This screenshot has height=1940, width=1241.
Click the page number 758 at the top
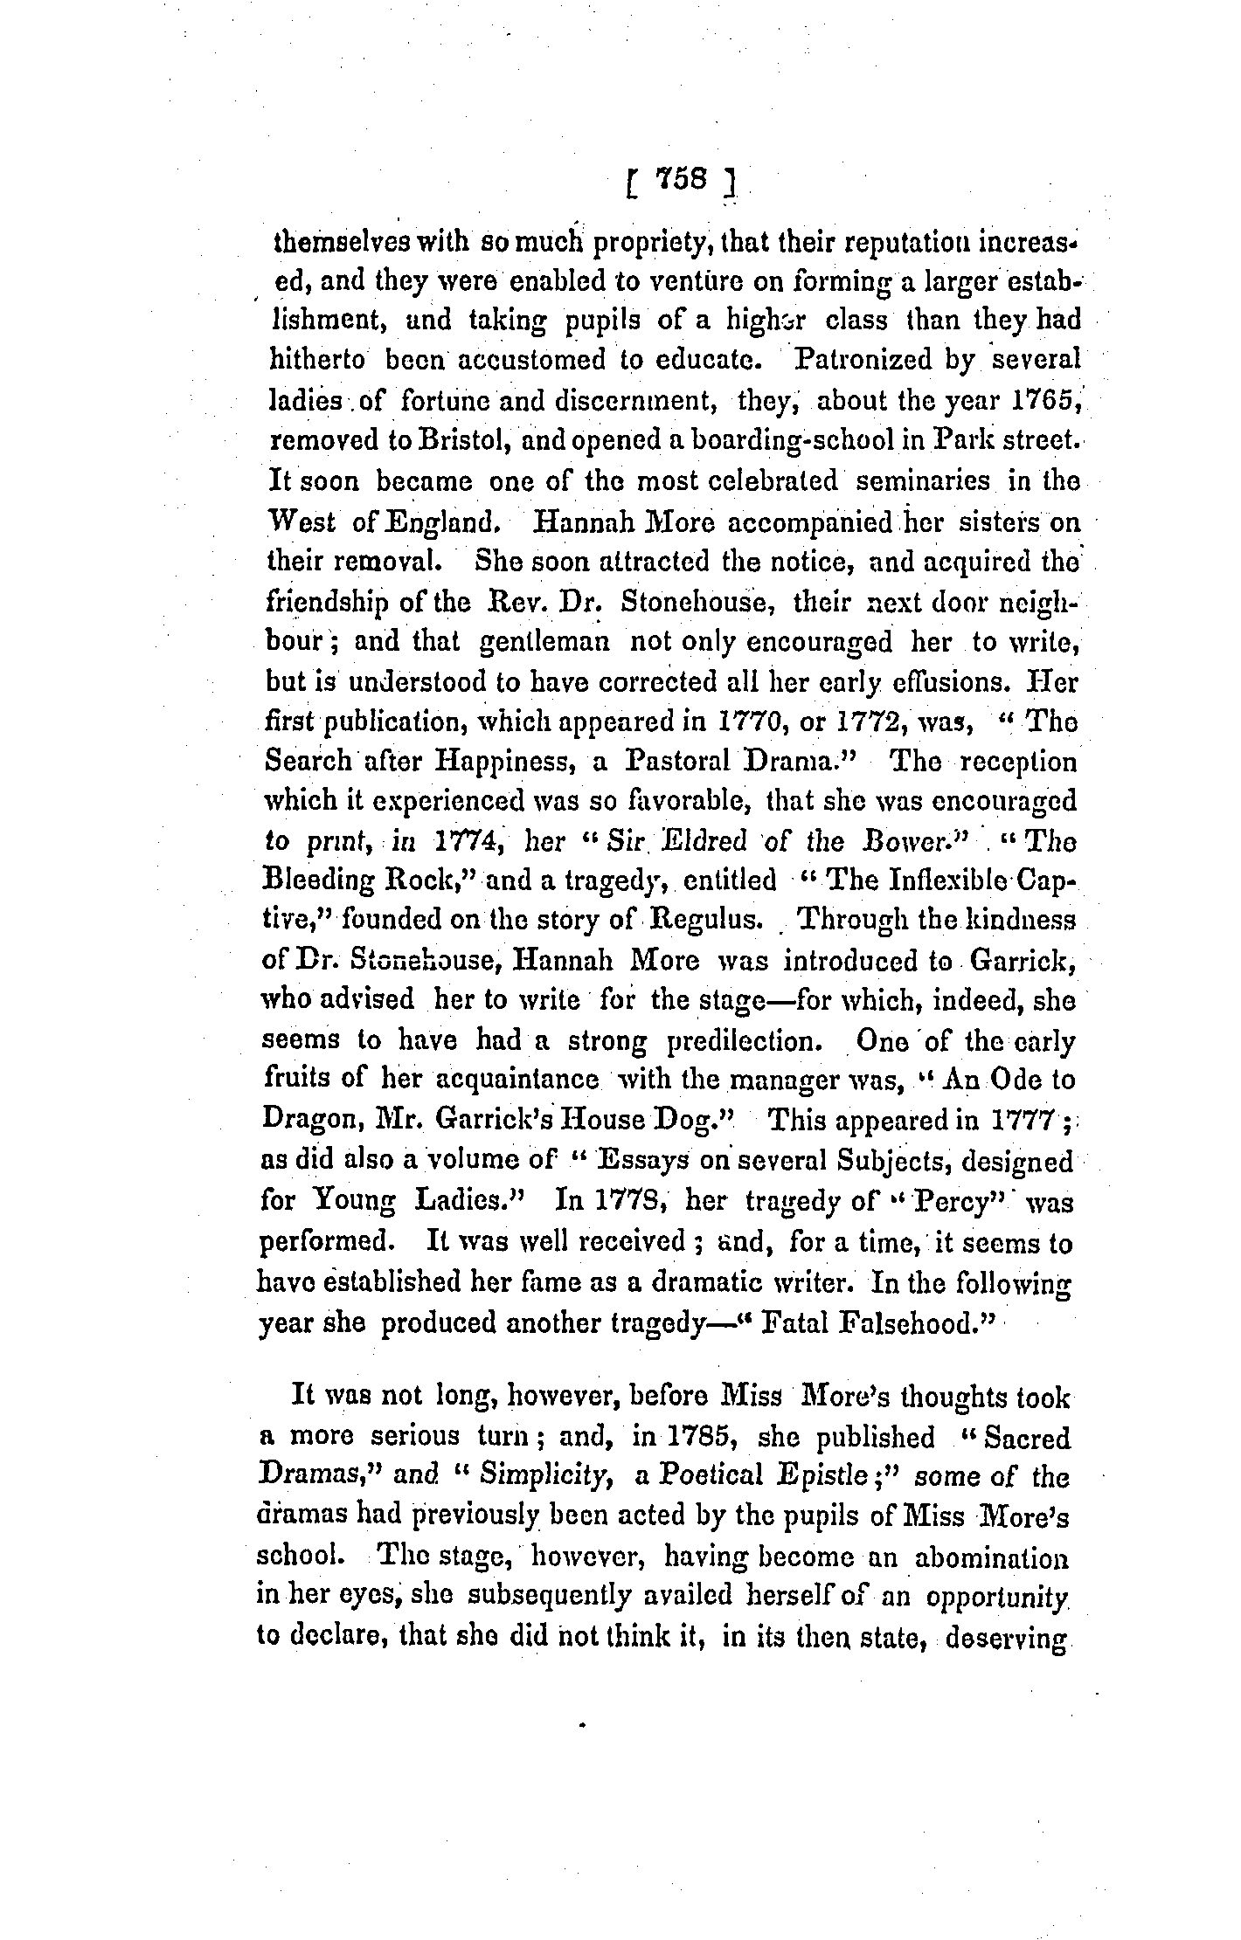click(x=678, y=180)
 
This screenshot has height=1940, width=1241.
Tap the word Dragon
click(x=310, y=1122)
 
